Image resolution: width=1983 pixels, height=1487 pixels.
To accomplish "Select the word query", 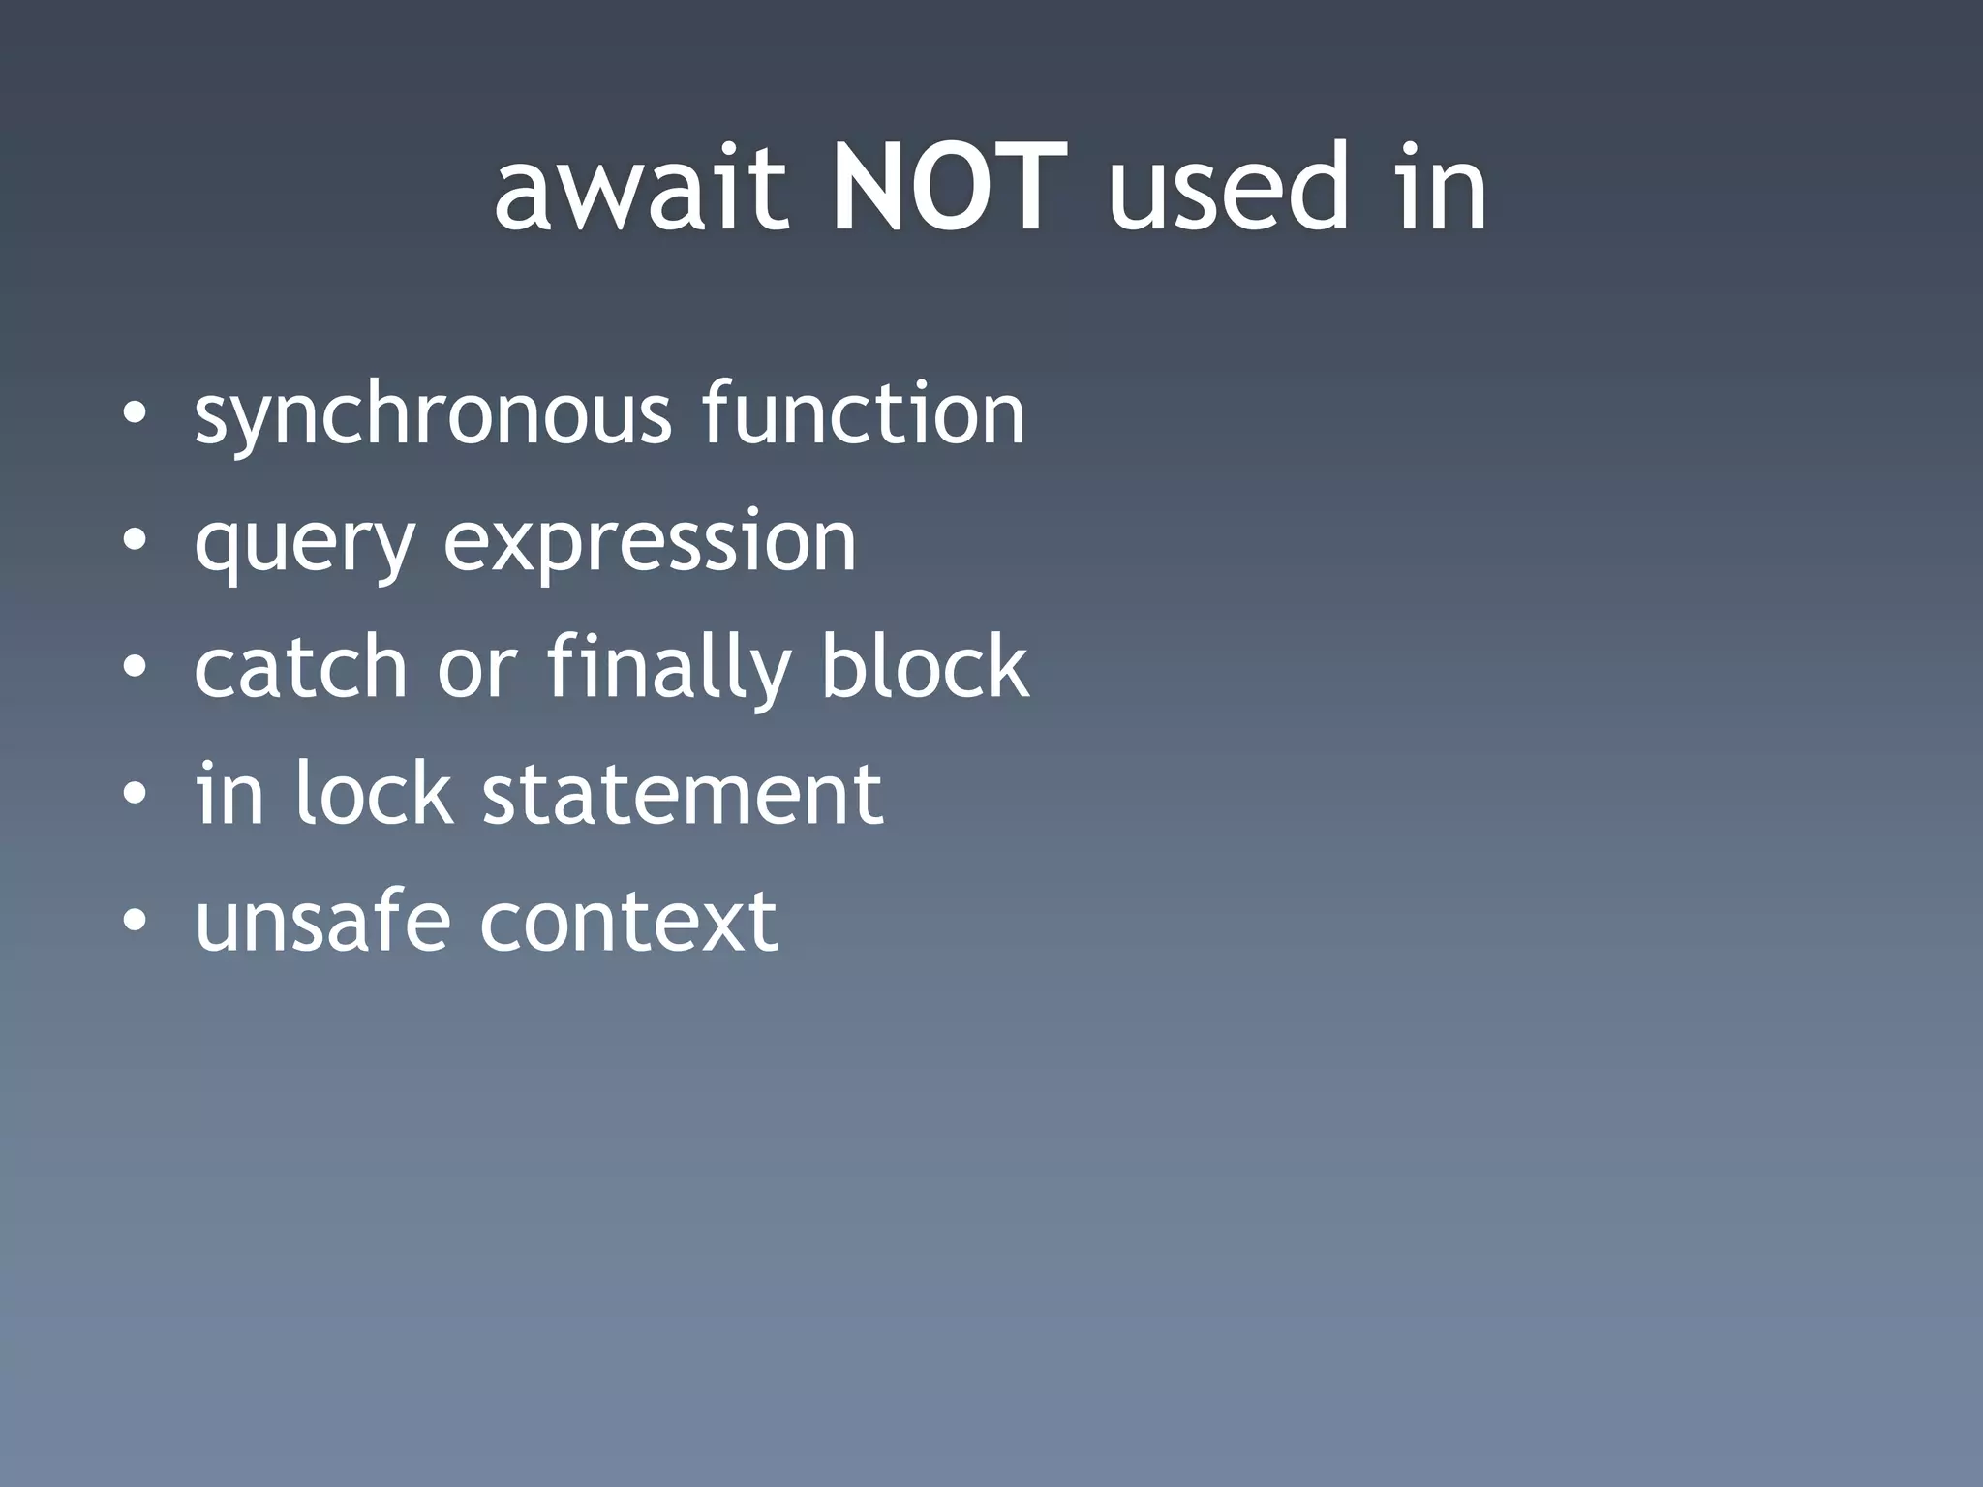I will [x=305, y=544].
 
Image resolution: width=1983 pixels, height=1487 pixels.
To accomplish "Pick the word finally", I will [x=668, y=670].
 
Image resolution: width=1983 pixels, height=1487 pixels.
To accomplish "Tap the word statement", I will [x=683, y=795].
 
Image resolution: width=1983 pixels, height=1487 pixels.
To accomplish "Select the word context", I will [x=629, y=922].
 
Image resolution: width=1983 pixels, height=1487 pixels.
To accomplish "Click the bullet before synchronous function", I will [x=135, y=416].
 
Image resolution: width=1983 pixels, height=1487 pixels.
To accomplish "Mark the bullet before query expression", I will [x=135, y=542].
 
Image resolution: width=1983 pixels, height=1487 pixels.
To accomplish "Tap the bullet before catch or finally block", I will [x=135, y=669].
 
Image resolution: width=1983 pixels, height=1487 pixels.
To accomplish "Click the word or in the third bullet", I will [x=477, y=670].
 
